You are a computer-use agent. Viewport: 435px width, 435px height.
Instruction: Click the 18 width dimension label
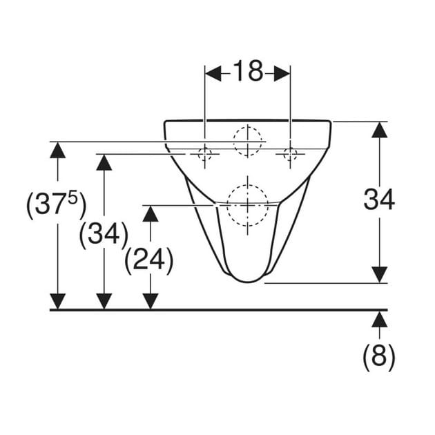click(248, 71)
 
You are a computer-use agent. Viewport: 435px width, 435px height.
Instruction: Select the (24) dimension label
click(149, 260)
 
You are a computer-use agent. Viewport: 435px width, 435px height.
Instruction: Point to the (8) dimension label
click(379, 356)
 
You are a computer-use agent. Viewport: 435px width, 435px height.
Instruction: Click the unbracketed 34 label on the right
click(379, 199)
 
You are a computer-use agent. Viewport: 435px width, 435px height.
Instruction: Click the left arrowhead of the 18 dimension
click(213, 73)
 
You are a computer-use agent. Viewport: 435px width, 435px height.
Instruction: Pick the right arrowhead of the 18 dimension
click(282, 73)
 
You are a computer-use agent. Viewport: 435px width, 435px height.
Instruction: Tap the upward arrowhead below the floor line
click(379, 319)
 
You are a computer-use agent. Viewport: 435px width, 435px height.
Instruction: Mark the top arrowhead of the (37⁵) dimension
click(58, 150)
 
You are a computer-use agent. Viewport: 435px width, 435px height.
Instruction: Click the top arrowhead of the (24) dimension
click(151, 214)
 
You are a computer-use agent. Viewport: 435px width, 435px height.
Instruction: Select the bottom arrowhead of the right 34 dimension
click(379, 275)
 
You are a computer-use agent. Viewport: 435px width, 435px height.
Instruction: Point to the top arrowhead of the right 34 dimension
click(379, 130)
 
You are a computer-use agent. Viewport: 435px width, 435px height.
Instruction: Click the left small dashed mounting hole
click(205, 154)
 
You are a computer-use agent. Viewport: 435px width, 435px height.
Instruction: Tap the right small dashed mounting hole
click(290, 154)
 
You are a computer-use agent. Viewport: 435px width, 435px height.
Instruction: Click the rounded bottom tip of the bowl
click(248, 282)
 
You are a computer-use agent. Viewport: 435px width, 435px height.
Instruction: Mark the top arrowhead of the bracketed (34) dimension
click(104, 162)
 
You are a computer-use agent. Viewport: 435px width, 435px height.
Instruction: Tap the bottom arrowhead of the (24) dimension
click(151, 302)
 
